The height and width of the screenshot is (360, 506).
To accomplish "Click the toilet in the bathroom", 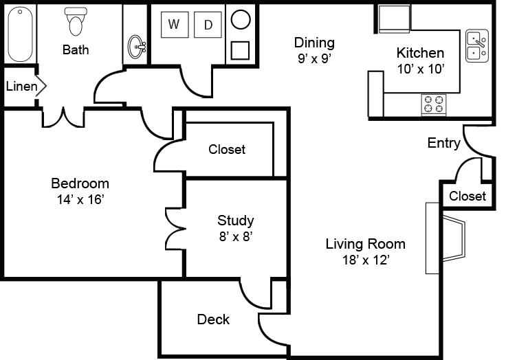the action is [76, 21].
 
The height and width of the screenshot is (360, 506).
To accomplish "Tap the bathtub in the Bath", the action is [20, 34].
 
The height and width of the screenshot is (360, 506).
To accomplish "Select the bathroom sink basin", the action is [137, 47].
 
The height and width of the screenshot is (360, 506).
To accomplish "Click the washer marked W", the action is [175, 25].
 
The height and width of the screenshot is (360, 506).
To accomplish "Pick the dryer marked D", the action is [208, 25].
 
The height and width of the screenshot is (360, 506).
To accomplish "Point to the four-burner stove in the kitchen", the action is [434, 104].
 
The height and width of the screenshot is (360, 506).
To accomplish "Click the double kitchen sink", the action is [477, 45].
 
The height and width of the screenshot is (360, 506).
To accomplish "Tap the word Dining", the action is [314, 43].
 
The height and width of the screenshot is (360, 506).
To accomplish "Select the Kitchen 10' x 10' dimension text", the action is [421, 69].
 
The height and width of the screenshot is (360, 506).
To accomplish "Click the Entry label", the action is [443, 143].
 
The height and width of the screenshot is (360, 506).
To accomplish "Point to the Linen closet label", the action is [21, 86].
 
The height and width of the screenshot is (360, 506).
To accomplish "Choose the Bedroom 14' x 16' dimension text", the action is [80, 200].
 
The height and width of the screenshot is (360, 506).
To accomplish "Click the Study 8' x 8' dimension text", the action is [236, 237].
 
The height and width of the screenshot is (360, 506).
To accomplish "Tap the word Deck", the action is [213, 319].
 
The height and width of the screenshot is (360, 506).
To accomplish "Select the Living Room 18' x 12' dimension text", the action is [366, 260].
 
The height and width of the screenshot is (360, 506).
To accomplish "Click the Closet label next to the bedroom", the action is [227, 149].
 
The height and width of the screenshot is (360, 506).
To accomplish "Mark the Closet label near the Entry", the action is [467, 196].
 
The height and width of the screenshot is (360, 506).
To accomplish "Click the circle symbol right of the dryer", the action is [241, 19].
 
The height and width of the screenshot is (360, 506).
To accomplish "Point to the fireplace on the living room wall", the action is [445, 238].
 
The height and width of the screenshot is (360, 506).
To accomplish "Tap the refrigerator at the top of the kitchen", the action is [395, 19].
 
